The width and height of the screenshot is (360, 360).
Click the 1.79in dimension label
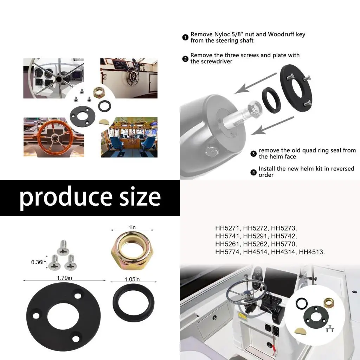(x=64, y=278)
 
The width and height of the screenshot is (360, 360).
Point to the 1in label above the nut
(x=132, y=228)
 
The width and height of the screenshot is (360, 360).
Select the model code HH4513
(x=312, y=252)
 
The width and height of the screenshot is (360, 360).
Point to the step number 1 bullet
(x=185, y=38)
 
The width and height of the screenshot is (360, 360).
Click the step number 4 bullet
(x=253, y=172)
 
